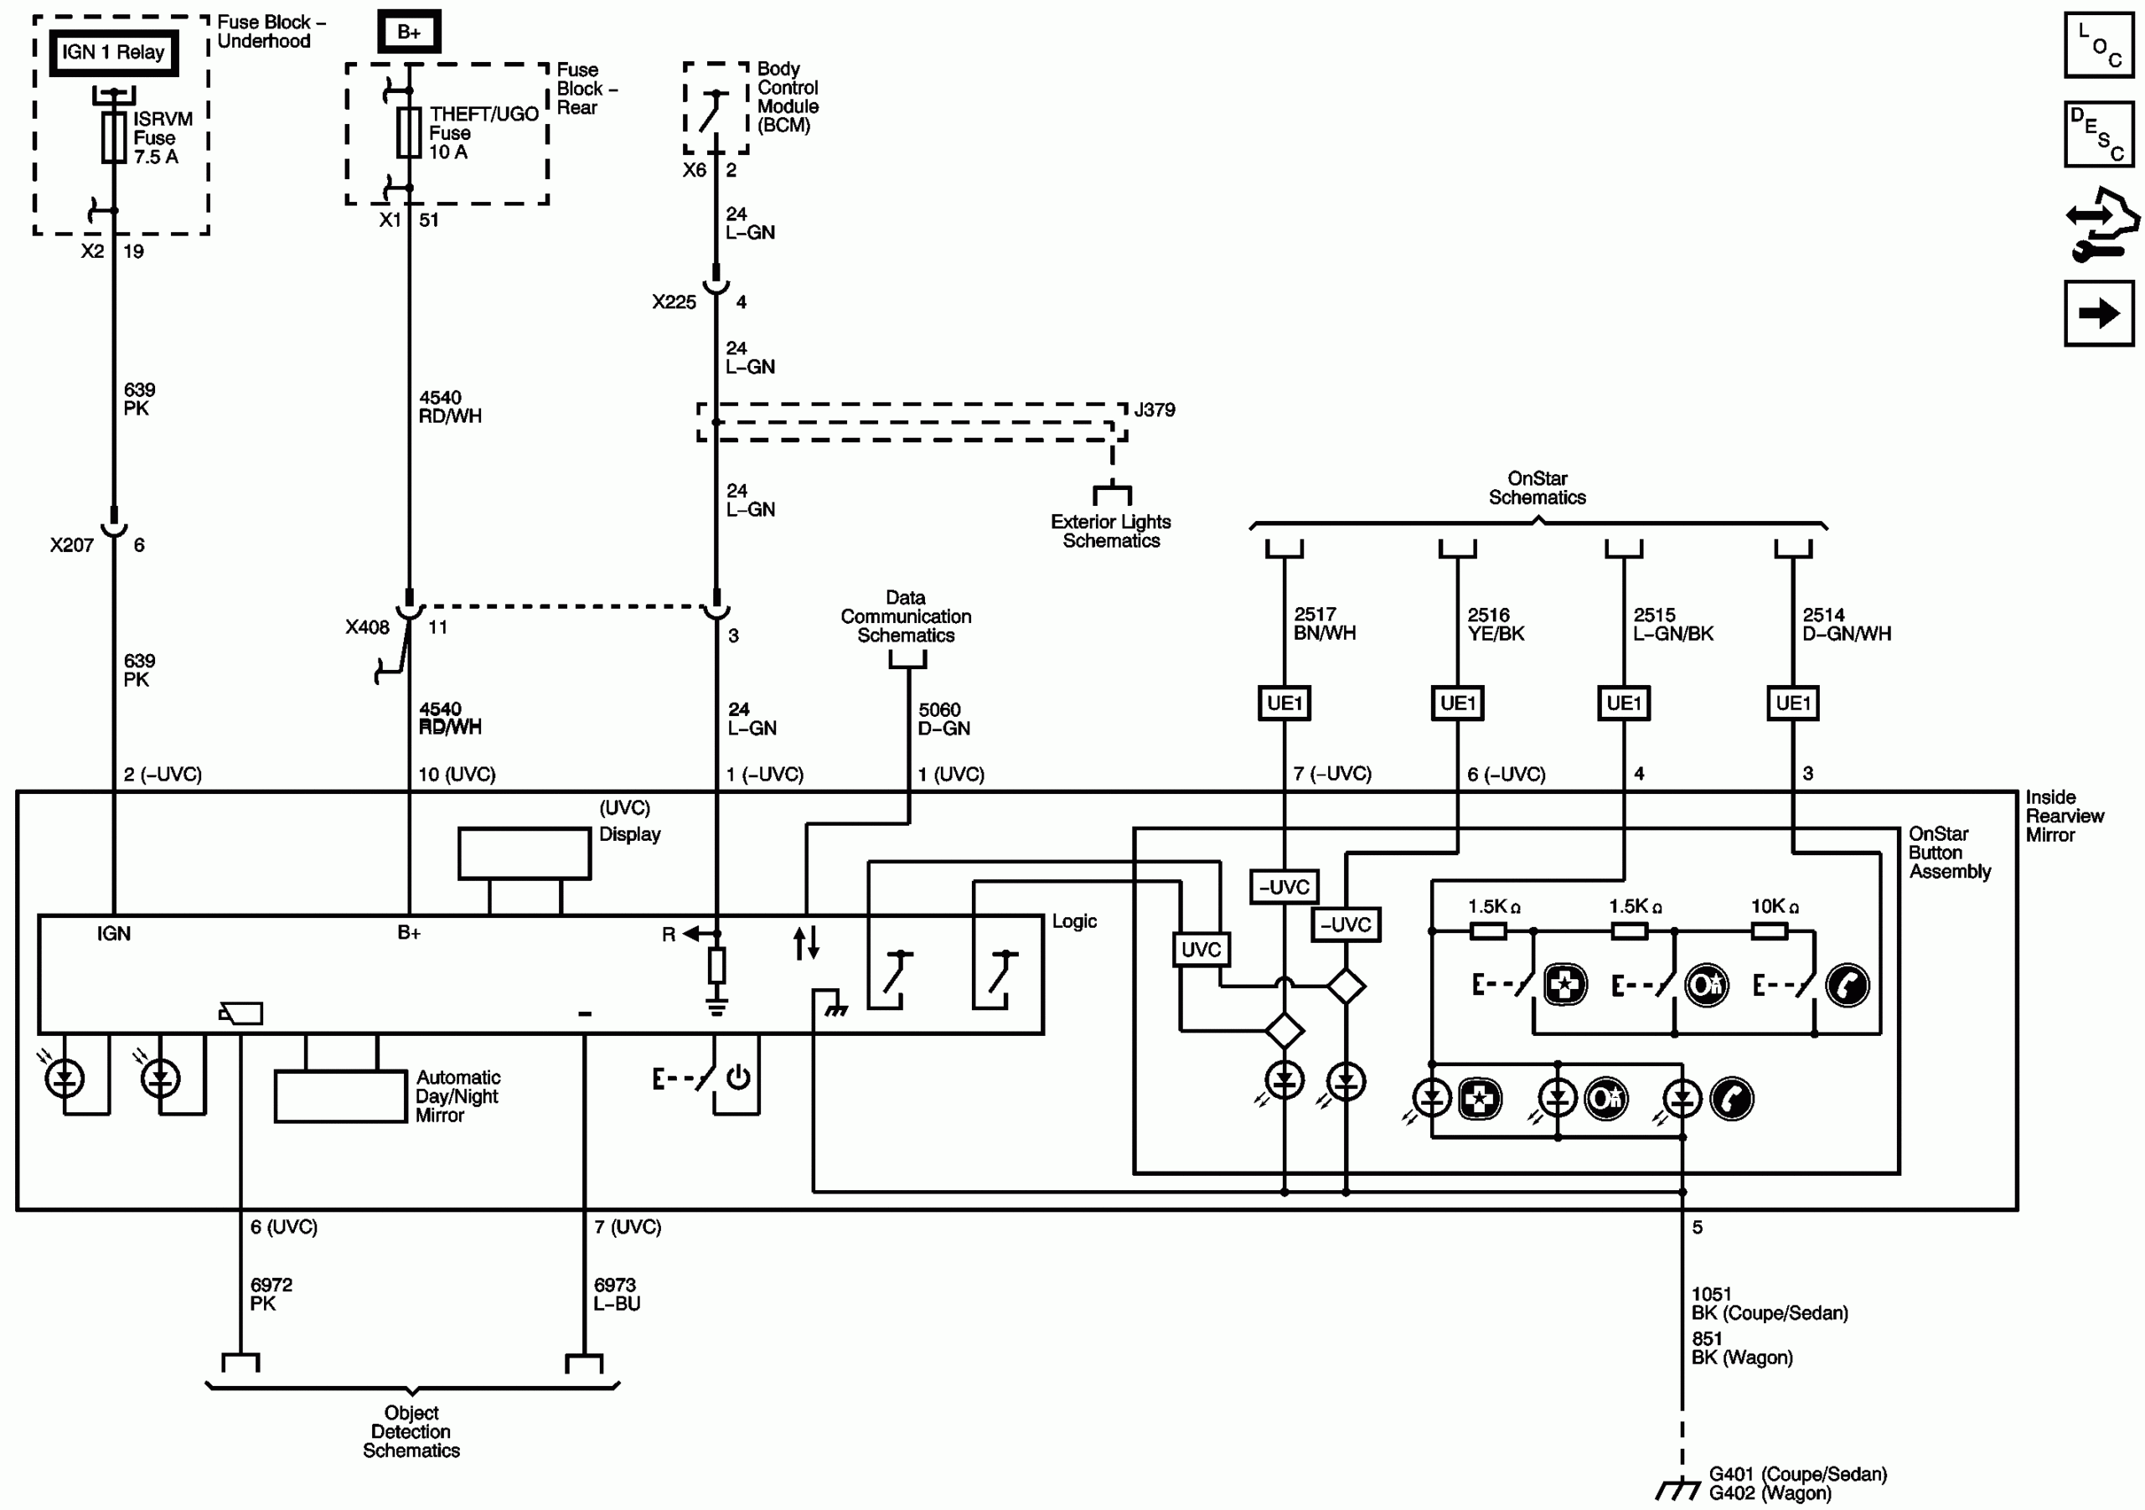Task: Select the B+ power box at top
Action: pos(408,32)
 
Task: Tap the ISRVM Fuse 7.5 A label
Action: pos(162,138)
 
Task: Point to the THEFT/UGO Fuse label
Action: pos(482,132)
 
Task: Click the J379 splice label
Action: pos(1155,410)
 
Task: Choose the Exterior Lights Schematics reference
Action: pos(1110,531)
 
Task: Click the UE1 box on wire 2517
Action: pos(1284,703)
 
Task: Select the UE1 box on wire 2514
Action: pos(1792,703)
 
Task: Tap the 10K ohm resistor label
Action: pos(1774,907)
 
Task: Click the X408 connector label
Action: pos(367,627)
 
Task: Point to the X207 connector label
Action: pos(72,545)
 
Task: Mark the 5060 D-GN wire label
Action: pos(943,719)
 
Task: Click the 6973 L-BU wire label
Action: pos(617,1294)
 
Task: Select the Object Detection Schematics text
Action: pos(411,1431)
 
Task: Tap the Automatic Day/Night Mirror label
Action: pos(457,1096)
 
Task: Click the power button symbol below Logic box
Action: pos(738,1078)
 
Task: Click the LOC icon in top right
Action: pos(2098,46)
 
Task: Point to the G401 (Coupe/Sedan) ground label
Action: pos(1796,1475)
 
